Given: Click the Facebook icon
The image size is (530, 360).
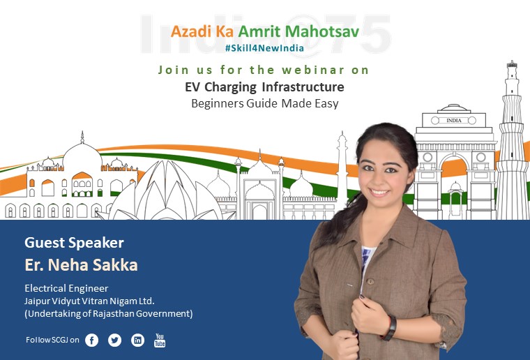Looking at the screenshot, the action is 91,340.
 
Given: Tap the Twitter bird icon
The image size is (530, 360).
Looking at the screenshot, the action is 114,340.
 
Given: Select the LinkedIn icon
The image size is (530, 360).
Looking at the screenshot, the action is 137,340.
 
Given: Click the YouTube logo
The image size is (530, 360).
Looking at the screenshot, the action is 160,340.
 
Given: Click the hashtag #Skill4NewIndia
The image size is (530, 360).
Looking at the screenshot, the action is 264,48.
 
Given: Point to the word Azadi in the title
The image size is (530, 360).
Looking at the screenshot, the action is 191,32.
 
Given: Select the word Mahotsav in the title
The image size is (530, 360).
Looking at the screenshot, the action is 321,32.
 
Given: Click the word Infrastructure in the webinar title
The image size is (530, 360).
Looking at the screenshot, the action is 303,87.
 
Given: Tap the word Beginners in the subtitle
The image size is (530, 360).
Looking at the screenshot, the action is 218,103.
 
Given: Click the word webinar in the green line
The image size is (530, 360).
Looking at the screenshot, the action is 313,70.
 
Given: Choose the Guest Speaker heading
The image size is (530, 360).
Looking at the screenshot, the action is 75,243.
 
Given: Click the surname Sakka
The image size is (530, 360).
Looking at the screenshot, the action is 115,265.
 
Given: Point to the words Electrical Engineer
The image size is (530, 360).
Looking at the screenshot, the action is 66,288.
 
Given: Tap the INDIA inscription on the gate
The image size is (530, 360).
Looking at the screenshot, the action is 453,120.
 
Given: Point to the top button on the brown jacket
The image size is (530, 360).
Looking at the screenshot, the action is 370,281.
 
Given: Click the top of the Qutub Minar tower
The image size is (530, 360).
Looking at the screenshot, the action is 512,63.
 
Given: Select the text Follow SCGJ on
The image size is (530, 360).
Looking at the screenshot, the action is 52,340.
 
